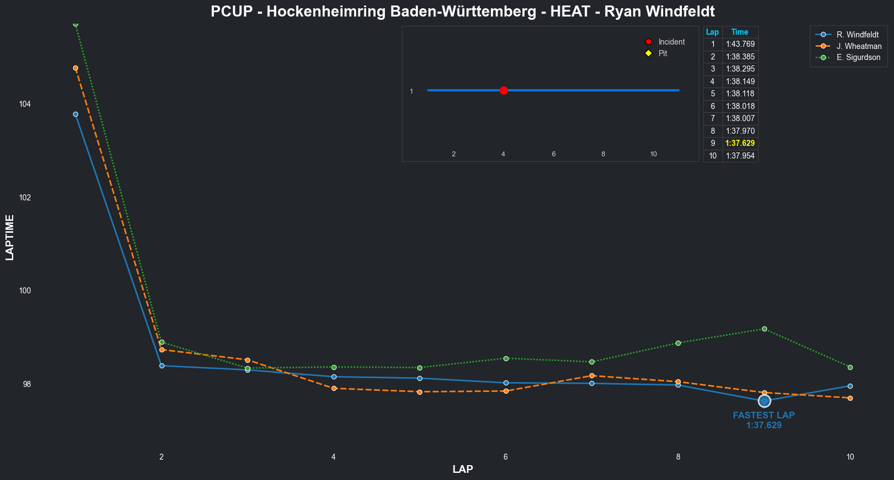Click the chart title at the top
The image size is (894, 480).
(x=462, y=12)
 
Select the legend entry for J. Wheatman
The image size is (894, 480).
(x=859, y=46)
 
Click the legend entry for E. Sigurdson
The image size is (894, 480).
(x=858, y=57)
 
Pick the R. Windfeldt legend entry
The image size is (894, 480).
(x=857, y=35)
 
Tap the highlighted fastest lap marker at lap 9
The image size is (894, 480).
(x=764, y=401)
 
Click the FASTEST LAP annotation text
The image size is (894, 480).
(x=764, y=416)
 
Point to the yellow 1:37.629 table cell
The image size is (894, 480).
(x=740, y=143)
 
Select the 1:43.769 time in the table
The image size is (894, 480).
(x=740, y=44)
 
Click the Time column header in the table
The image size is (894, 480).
(x=740, y=32)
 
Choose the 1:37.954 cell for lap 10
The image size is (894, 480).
(x=740, y=156)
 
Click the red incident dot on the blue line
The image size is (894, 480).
(x=504, y=90)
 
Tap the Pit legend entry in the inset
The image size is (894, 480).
(x=663, y=53)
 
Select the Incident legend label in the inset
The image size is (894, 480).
(x=671, y=42)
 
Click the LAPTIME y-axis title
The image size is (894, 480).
(x=10, y=237)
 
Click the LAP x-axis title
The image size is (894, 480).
(x=462, y=469)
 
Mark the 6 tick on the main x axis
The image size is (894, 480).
(x=506, y=457)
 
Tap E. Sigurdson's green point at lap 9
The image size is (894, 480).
(x=764, y=329)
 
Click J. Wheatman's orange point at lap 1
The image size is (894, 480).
(x=75, y=68)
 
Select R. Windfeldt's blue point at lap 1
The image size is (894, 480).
(x=75, y=114)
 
